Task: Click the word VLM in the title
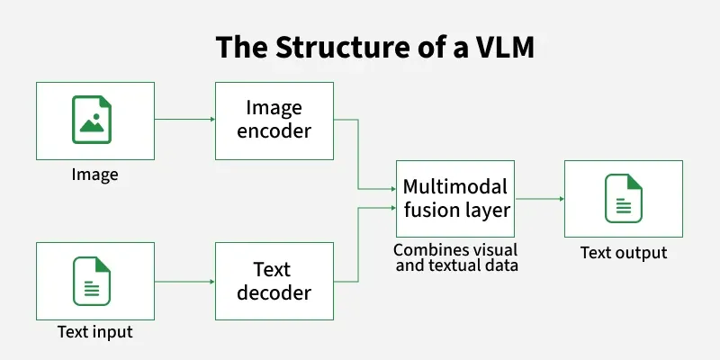click(501, 48)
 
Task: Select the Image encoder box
click(274, 120)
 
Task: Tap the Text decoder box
click(274, 281)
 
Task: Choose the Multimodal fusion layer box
click(455, 199)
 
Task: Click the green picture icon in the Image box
click(94, 121)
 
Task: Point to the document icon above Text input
click(94, 281)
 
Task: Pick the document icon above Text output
click(623, 199)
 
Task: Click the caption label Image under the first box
click(94, 174)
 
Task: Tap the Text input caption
click(94, 332)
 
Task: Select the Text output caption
click(623, 252)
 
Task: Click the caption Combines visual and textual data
click(455, 256)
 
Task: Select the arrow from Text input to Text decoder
click(184, 281)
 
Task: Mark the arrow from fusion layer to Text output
click(539, 199)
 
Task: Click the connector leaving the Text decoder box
click(360, 243)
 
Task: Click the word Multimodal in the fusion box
click(455, 187)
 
